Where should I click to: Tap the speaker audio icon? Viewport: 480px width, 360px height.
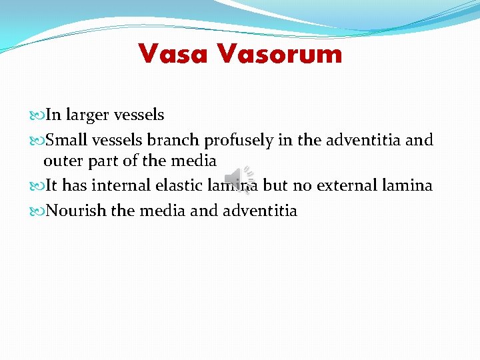click(235, 178)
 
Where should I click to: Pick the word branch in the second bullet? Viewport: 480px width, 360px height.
click(175, 141)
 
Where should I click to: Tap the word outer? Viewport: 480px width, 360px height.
click(62, 161)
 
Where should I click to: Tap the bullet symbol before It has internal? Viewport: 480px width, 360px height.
click(38, 186)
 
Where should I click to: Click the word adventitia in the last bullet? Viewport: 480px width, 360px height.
click(258, 211)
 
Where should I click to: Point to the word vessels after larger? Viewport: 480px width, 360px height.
click(141, 115)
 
